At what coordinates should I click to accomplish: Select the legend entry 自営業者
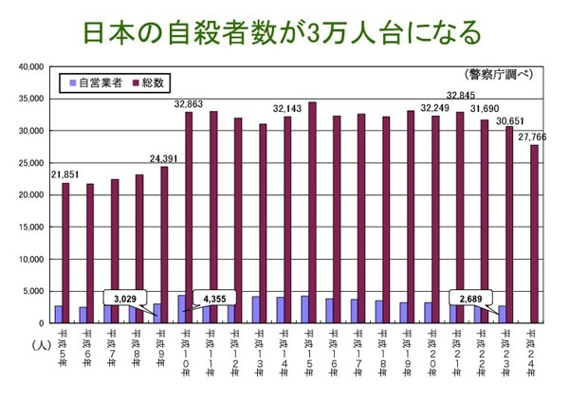(x=96, y=83)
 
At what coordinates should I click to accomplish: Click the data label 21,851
(x=65, y=173)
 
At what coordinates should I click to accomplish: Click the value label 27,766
(x=537, y=137)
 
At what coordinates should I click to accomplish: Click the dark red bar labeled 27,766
(x=535, y=233)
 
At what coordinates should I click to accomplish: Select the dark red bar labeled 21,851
(x=66, y=252)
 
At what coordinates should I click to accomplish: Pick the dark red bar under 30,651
(x=510, y=225)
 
